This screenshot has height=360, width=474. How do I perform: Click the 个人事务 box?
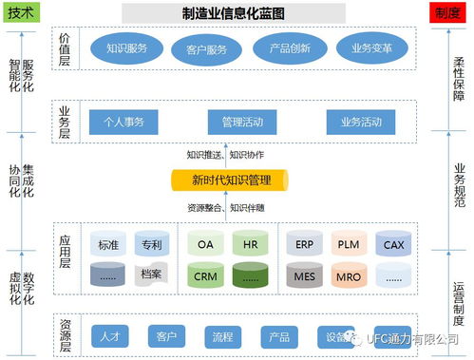(123, 122)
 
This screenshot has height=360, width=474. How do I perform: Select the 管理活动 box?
(242, 122)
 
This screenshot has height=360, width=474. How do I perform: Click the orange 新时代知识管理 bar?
(232, 179)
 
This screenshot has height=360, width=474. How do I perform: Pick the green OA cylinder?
(205, 244)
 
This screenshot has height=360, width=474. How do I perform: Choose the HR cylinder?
(251, 244)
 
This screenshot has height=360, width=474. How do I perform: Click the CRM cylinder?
(205, 276)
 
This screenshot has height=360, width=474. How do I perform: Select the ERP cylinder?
(304, 244)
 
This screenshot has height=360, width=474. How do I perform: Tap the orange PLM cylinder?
(349, 244)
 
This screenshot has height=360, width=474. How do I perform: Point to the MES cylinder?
(304, 276)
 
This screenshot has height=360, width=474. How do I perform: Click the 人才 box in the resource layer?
(109, 337)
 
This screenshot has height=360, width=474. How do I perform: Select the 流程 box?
(222, 337)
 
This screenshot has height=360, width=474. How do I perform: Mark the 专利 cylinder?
(151, 244)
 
